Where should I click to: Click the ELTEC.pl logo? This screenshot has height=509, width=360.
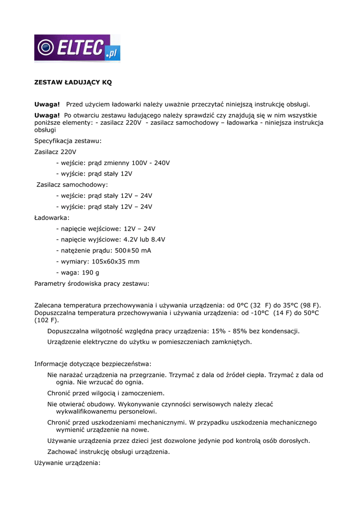[77, 48]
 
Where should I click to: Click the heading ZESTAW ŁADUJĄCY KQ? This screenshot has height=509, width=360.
[73, 83]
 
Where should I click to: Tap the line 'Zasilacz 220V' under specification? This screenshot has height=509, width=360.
[55, 152]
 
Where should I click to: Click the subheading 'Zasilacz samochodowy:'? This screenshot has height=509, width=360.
[72, 185]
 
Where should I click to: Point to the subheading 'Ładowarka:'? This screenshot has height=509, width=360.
[52, 218]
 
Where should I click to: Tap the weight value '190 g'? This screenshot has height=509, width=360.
[90, 272]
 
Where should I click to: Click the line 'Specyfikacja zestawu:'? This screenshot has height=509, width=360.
[68, 141]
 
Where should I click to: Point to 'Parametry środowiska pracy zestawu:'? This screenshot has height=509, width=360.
[91, 283]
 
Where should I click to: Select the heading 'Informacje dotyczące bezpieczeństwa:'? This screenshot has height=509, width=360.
[93, 364]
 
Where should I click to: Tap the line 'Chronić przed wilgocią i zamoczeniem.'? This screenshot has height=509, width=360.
[106, 393]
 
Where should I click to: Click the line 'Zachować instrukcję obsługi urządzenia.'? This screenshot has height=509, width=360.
[108, 452]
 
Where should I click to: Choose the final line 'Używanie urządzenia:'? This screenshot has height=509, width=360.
[67, 463]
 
